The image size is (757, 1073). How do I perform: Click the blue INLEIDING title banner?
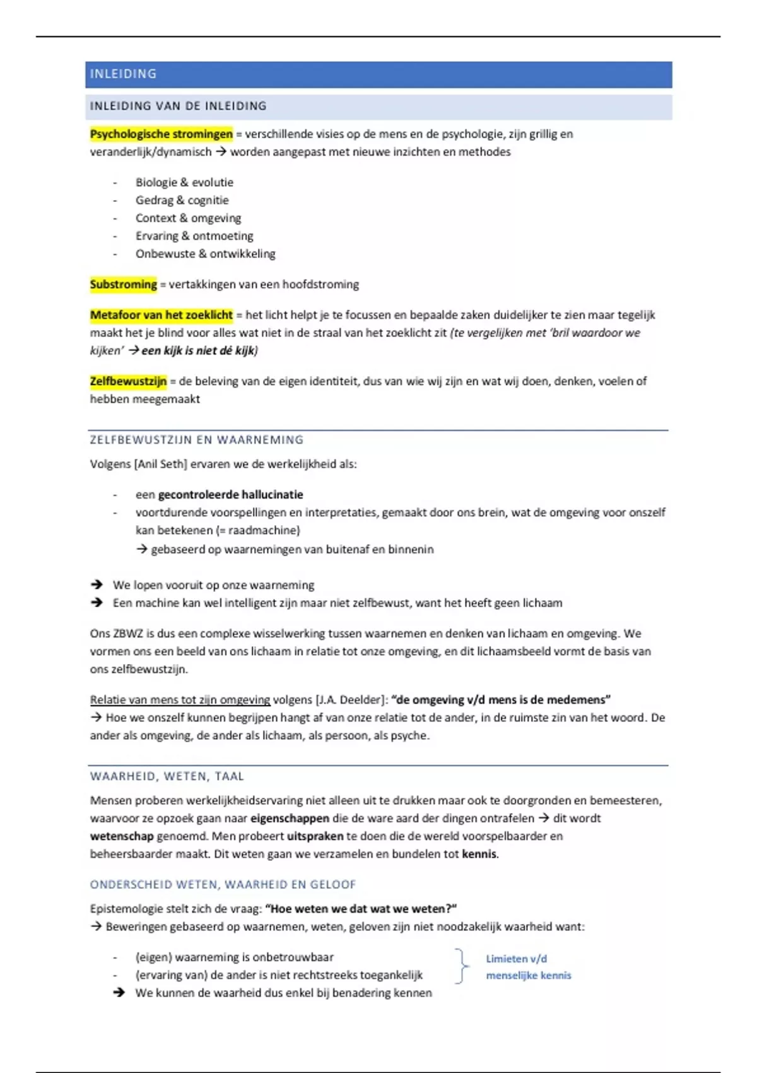point(378,74)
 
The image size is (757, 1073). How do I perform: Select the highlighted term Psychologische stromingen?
point(161,134)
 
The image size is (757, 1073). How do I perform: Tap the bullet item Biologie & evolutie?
point(184,182)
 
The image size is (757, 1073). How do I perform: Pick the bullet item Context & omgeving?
point(188,218)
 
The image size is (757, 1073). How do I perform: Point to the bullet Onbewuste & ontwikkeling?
point(205,254)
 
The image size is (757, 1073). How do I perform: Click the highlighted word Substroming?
point(123,285)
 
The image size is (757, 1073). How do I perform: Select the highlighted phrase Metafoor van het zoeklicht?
point(161,315)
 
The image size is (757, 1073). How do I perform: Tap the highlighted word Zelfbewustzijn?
point(128,381)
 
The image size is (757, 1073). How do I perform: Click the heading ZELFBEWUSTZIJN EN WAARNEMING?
point(196,440)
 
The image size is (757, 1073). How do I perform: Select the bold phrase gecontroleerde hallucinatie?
point(230,495)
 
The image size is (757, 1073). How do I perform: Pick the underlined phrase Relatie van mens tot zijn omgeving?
point(180,700)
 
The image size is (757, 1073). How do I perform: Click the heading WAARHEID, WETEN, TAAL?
point(167,776)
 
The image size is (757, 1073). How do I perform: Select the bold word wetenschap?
point(122,836)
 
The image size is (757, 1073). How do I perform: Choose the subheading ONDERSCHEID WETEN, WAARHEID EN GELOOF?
point(223,885)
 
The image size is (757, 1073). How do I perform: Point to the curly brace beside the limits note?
point(462,966)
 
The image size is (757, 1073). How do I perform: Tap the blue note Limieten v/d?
point(516,959)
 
